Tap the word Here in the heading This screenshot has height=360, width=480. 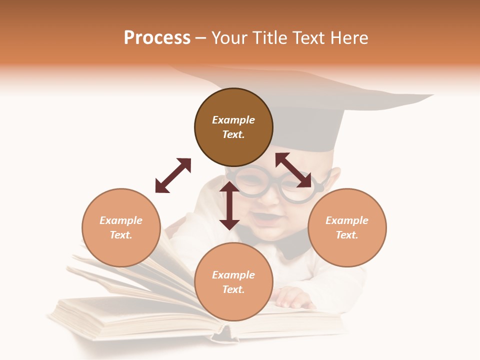point(349,38)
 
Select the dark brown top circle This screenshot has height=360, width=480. point(233,127)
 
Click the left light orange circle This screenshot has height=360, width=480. point(121,227)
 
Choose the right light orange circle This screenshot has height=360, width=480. point(347,227)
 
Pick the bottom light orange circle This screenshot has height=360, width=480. point(233,282)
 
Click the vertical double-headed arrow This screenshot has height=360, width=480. point(229,205)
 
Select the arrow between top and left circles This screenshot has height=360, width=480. point(173,175)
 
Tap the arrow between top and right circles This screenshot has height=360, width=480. point(293,170)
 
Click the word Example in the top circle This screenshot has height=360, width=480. point(233,120)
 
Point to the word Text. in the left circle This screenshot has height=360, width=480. point(121,235)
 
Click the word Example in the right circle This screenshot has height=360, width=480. point(347,220)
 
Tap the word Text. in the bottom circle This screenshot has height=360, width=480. point(233,289)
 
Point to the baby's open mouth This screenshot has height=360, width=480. point(263,218)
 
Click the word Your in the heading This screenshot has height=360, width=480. point(230,38)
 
